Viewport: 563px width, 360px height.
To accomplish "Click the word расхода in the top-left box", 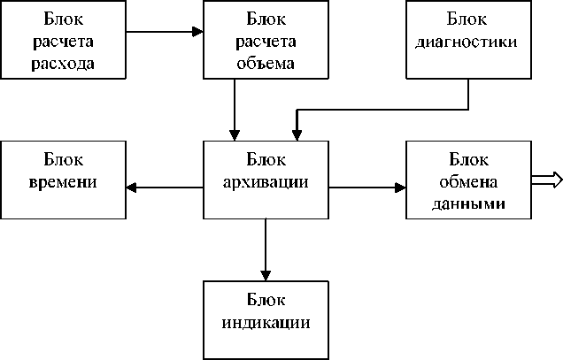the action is click(63, 65).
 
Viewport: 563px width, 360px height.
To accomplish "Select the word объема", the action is click(266, 63).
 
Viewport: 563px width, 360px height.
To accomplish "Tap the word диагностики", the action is click(467, 42).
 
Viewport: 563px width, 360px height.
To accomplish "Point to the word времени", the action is click(63, 181).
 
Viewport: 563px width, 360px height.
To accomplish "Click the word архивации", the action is click(266, 182).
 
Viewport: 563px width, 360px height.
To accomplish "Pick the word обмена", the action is click(468, 181).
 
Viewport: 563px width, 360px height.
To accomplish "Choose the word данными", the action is click(468, 203).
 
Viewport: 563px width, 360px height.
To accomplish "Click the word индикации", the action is click(266, 322).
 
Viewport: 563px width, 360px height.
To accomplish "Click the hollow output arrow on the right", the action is click(547, 180).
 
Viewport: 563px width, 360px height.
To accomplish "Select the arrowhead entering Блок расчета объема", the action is click(197, 32).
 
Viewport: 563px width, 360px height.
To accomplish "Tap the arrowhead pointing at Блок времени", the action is click(131, 187).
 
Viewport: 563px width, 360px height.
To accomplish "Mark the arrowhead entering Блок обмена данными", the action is click(400, 188).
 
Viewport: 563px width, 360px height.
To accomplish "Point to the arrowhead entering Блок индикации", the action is click(266, 275).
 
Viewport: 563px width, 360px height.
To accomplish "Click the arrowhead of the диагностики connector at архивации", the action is click(297, 135).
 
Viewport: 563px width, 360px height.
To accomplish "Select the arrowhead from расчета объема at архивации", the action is click(235, 135).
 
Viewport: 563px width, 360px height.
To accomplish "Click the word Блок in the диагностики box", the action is click(467, 19).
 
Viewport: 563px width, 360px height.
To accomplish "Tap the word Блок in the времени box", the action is click(63, 159).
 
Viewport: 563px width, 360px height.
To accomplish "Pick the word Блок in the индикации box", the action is click(266, 299).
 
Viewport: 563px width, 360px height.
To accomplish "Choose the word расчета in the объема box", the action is click(266, 42).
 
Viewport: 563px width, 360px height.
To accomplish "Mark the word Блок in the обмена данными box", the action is click(468, 159).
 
